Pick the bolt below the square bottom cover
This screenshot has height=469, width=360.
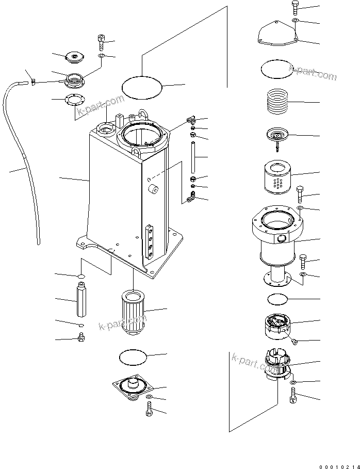tap(149, 411)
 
